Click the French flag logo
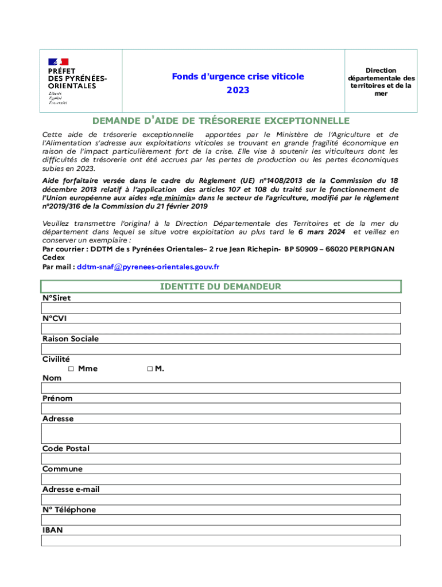click(x=58, y=61)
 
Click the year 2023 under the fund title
click(x=238, y=91)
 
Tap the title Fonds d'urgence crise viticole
click(x=238, y=76)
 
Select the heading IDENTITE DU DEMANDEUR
click(x=220, y=286)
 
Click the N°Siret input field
click(x=220, y=308)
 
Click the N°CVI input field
click(x=220, y=328)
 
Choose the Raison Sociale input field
click(x=220, y=349)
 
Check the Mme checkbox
click(x=71, y=369)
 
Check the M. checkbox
click(x=149, y=369)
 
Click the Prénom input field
click(x=220, y=408)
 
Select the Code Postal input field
click(x=220, y=459)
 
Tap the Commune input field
click(x=220, y=479)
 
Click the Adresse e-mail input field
click(x=220, y=499)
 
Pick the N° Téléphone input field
click(x=220, y=520)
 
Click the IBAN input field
click(x=220, y=541)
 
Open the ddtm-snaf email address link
click(x=148, y=267)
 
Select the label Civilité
click(x=56, y=359)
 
